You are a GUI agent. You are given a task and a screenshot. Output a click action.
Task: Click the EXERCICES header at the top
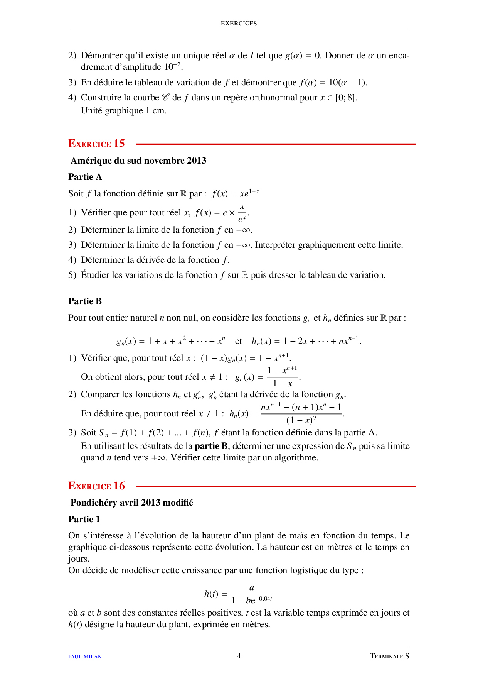[239, 24]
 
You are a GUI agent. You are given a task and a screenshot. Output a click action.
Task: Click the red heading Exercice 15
[96, 144]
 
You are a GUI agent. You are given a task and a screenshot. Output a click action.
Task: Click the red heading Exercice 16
[96, 486]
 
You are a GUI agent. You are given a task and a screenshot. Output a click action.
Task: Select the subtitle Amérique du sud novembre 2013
[138, 161]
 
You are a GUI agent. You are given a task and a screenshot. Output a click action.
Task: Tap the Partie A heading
[85, 177]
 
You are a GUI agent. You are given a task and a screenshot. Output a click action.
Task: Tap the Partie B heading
[85, 301]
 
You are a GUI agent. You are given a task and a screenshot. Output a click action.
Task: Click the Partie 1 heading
[84, 519]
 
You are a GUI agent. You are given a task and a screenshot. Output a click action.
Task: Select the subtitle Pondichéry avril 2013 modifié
[132, 503]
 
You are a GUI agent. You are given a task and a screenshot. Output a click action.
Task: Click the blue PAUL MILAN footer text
[85, 657]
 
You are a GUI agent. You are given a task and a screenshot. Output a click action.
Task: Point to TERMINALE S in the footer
[389, 656]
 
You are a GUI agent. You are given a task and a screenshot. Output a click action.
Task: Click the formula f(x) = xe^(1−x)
[235, 193]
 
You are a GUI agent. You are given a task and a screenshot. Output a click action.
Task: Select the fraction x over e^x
[242, 213]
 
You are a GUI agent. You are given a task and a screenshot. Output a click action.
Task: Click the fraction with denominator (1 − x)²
[301, 414]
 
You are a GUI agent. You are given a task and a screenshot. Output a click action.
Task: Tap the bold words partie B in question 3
[211, 446]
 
